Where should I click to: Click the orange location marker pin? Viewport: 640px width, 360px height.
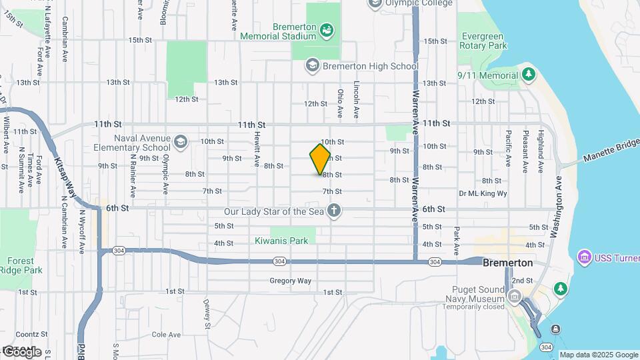[x=321, y=159]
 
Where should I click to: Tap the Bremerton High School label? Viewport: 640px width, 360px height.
[x=370, y=66]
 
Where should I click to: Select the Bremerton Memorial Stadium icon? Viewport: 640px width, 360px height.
[x=327, y=30]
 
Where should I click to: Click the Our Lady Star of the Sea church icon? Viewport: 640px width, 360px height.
[x=334, y=211]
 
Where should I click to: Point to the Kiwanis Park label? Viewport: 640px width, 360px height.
[x=281, y=241]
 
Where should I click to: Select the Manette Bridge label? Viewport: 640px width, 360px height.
[x=611, y=151]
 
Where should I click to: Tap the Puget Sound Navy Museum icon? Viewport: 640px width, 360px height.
[x=514, y=296]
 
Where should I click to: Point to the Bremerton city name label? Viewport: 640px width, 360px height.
[x=508, y=263]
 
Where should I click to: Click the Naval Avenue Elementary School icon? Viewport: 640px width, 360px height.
[x=181, y=141]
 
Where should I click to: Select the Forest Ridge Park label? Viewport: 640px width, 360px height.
[x=25, y=265]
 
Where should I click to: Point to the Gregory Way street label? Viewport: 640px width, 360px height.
[x=290, y=281]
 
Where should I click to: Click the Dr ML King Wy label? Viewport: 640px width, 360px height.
[x=483, y=193]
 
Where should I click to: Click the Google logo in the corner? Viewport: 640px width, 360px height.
[x=21, y=352]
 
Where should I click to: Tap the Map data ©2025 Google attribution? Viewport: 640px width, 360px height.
[x=599, y=355]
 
